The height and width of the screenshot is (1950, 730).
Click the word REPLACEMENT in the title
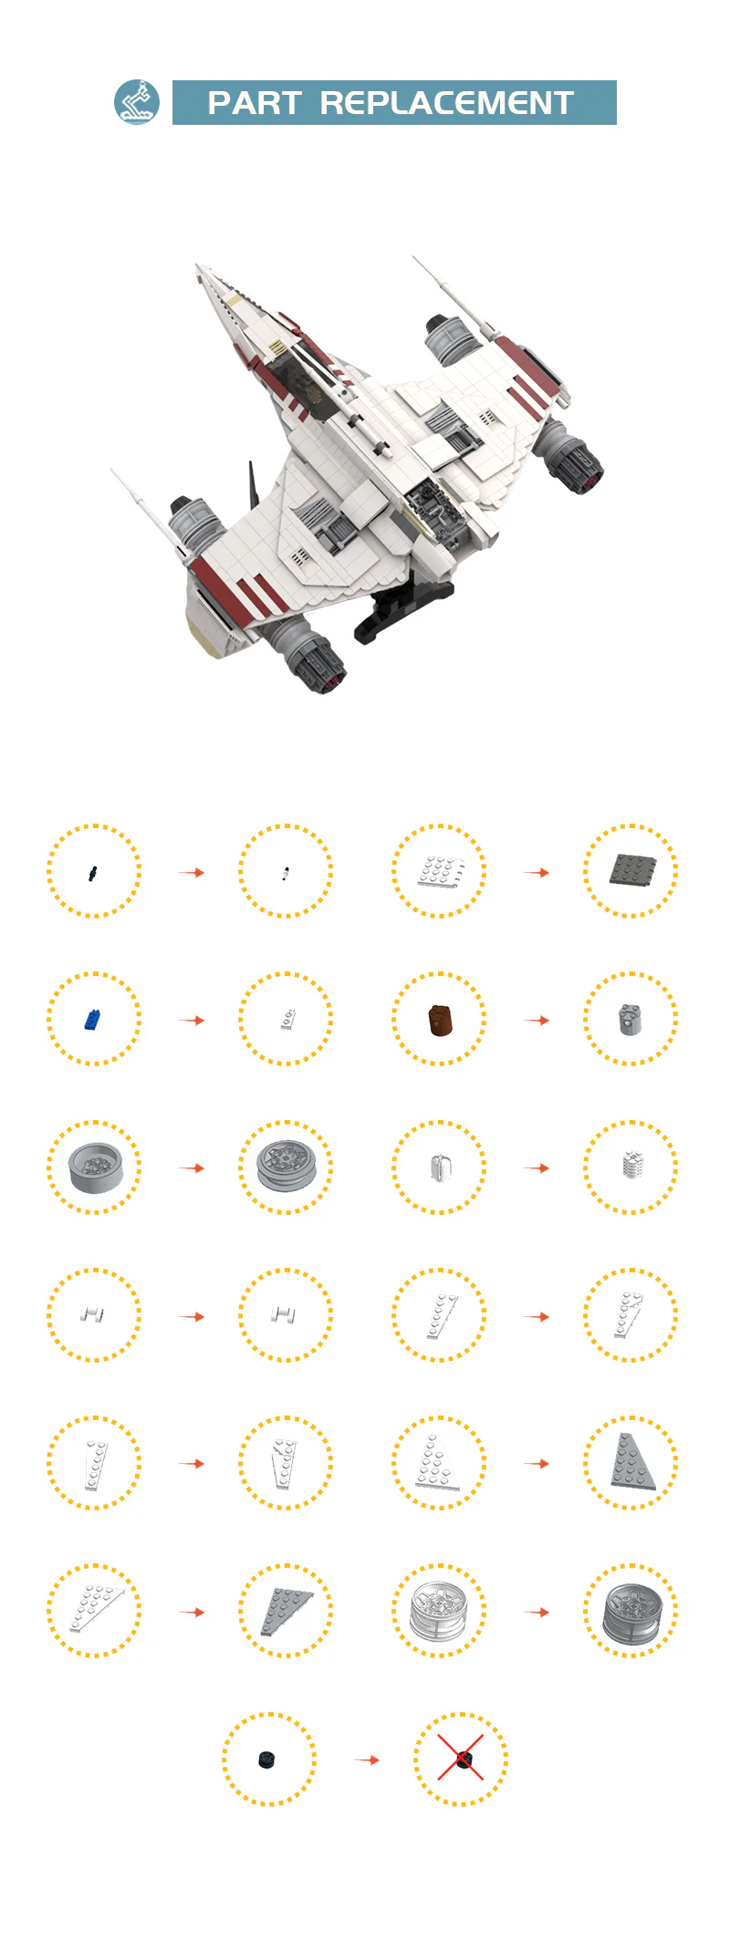tap(446, 103)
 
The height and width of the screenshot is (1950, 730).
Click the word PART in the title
tap(255, 103)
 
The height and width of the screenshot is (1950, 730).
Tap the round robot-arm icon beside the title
tap(137, 102)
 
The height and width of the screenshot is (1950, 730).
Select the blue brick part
tap(92, 1019)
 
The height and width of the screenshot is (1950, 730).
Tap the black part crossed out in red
tap(464, 1759)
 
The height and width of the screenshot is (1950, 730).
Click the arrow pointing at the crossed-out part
tap(367, 1759)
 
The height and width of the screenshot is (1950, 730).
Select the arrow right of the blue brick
tap(192, 1020)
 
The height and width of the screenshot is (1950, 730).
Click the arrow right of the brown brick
tap(537, 1020)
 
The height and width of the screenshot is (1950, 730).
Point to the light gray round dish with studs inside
tap(95, 1167)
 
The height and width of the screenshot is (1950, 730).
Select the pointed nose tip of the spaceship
tap(197, 266)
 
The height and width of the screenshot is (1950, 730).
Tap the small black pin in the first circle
tap(93, 873)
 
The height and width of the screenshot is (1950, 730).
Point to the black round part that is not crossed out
tap(266, 1759)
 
